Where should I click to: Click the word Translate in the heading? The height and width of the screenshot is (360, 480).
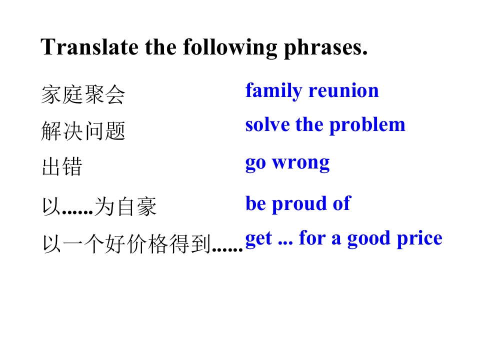click(x=89, y=47)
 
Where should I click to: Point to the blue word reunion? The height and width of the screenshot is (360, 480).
click(x=344, y=91)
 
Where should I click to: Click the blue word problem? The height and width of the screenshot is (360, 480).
click(x=367, y=126)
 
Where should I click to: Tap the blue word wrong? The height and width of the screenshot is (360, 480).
click(x=301, y=163)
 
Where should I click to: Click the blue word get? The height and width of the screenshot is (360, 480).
click(x=258, y=239)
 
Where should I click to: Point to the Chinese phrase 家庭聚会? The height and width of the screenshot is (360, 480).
click(x=83, y=94)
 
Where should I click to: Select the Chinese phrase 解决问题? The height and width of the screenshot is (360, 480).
click(x=83, y=130)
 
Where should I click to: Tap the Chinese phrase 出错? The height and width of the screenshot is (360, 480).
click(x=62, y=166)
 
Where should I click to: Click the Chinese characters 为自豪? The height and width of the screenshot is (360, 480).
click(x=125, y=206)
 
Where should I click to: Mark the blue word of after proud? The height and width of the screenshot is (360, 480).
click(x=342, y=203)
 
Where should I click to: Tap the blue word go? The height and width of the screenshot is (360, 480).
click(x=255, y=164)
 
